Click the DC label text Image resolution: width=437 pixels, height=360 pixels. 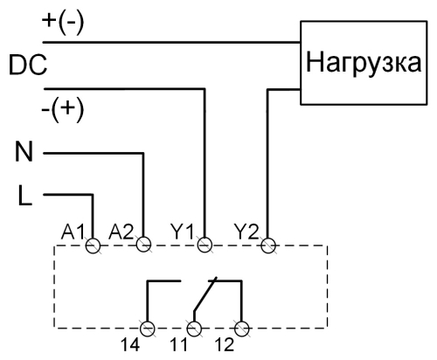click(28, 66)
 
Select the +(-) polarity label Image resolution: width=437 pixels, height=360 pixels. click(63, 24)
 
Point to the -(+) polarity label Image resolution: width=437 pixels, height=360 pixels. click(63, 110)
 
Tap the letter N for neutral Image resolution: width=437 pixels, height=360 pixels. click(24, 151)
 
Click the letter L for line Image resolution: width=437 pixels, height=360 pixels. click(24, 195)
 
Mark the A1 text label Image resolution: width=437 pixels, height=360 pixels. click(73, 232)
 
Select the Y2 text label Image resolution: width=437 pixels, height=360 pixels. click(246, 232)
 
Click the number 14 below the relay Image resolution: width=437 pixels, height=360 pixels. click(130, 345)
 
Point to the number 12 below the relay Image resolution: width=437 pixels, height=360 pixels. click(225, 345)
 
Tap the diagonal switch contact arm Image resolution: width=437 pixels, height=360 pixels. click(205, 294)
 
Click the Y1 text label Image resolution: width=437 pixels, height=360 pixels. click(183, 232)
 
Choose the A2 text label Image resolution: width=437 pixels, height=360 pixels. click(121, 232)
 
